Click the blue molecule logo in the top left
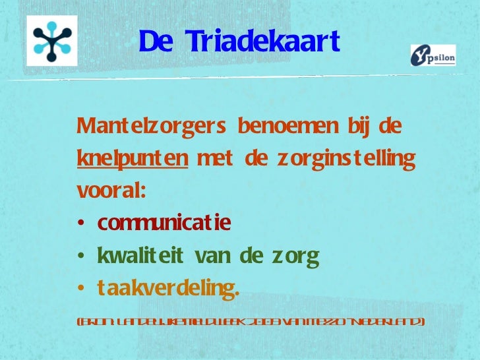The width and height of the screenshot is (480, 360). click(x=52, y=40)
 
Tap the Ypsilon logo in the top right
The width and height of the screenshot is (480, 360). click(x=433, y=55)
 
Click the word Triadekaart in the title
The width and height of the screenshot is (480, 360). click(x=262, y=42)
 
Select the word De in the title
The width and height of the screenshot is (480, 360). click(x=156, y=42)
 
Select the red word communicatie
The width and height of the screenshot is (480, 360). click(x=164, y=224)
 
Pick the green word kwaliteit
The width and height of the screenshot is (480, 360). click(x=136, y=255)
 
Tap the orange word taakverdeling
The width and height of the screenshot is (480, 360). click(x=168, y=288)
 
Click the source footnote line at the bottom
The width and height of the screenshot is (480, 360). click(x=251, y=322)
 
